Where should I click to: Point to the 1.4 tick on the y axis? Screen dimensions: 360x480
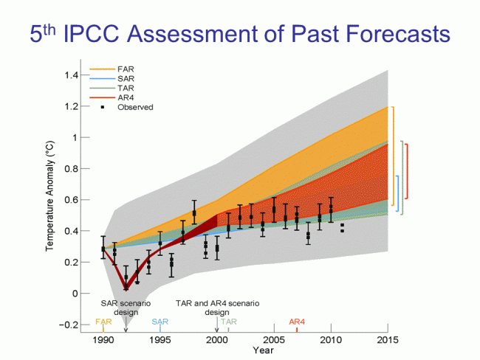79,75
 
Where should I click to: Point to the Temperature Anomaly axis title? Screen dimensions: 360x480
51,199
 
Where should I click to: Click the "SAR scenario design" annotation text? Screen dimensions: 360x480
126,307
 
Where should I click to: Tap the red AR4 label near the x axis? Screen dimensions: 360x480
297,322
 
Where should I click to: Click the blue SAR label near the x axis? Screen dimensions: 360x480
160,322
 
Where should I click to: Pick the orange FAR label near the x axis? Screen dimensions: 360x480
103,322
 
